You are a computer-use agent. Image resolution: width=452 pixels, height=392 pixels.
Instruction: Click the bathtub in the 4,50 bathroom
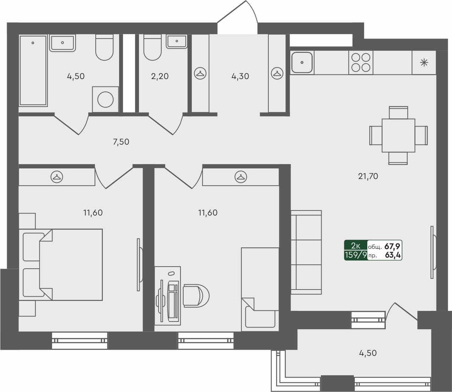33,70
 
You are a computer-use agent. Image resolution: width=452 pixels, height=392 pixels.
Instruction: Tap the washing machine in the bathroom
105,99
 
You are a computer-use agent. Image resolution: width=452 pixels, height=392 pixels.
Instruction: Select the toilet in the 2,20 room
152,47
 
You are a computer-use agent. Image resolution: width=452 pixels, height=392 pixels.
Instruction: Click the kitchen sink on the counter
302,63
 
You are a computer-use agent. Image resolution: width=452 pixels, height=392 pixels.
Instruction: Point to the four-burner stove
361,62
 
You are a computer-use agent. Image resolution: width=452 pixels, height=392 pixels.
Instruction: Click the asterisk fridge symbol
424,63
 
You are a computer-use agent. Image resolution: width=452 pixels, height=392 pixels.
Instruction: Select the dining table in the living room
398,135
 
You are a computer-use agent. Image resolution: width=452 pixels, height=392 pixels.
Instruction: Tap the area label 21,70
368,176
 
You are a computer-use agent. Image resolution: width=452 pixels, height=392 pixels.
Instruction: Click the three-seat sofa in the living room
306,252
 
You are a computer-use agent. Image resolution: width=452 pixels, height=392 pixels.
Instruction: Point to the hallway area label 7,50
121,142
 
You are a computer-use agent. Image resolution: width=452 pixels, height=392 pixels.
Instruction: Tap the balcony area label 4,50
368,353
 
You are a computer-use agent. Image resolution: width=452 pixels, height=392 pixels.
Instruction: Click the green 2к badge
356,246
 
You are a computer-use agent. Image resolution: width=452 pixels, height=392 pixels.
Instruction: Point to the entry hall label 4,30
240,76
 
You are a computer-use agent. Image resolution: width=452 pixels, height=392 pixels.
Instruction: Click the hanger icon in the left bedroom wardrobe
57,177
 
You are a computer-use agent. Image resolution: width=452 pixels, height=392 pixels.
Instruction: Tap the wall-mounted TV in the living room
433,252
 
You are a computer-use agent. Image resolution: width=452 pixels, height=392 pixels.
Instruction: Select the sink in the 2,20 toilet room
177,42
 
